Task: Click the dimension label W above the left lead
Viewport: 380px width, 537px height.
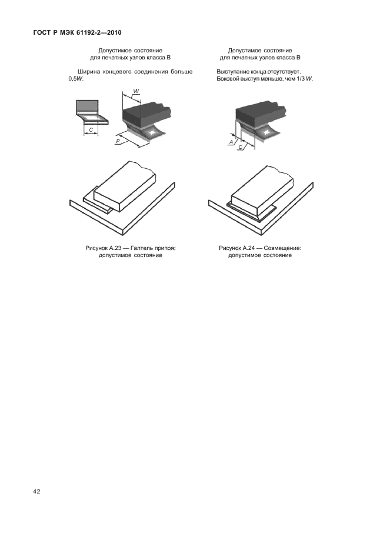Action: pyautogui.click(x=136, y=91)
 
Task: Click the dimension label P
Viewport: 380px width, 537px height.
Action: pyautogui.click(x=118, y=141)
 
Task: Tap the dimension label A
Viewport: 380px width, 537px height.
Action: pyautogui.click(x=231, y=142)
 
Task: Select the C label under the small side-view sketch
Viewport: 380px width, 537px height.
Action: pyautogui.click(x=91, y=130)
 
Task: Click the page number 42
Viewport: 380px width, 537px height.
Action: pyautogui.click(x=36, y=492)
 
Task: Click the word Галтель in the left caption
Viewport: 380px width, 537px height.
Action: pyautogui.click(x=141, y=248)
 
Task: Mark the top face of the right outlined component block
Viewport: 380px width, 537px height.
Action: pyautogui.click(x=263, y=184)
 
